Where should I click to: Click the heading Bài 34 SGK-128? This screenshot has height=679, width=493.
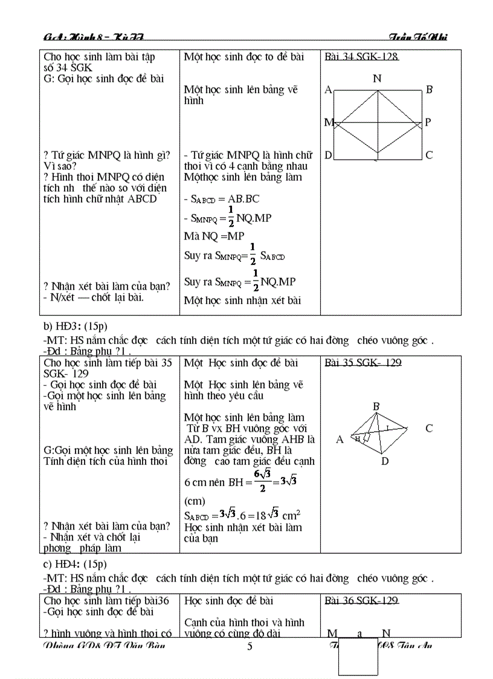(x=361, y=57)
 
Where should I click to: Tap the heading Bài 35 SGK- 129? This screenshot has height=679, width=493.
(x=362, y=363)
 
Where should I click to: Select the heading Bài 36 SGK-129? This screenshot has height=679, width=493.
(x=361, y=600)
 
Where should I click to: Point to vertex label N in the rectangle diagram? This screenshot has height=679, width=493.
(x=377, y=78)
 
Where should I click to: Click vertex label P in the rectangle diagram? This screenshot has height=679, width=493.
(x=428, y=122)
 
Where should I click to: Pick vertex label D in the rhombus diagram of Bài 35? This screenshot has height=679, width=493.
(x=384, y=462)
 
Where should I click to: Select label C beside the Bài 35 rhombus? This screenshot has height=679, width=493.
(x=429, y=429)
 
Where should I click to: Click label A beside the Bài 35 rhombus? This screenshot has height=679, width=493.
(x=340, y=440)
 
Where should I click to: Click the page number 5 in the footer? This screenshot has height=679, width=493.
(x=250, y=646)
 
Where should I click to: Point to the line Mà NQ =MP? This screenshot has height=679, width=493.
(x=214, y=236)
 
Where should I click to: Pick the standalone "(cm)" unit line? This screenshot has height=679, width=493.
(x=195, y=501)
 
